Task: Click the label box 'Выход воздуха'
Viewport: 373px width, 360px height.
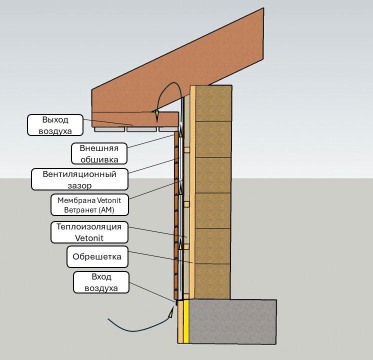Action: pyautogui.click(x=55, y=125)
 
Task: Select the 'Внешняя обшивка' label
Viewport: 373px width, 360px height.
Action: pyautogui.click(x=99, y=153)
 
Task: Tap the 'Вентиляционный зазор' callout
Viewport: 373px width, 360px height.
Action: pyautogui.click(x=79, y=179)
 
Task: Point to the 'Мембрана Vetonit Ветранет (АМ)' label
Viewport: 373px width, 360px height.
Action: pyautogui.click(x=89, y=205)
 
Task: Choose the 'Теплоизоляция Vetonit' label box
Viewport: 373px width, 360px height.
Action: pyautogui.click(x=89, y=232)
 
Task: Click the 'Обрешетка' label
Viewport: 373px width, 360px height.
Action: pyautogui.click(x=97, y=256)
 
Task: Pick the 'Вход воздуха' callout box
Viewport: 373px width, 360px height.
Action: pyautogui.click(x=101, y=282)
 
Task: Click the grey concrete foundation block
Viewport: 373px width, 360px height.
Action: pyautogui.click(x=232, y=321)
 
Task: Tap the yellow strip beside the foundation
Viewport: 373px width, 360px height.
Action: pyautogui.click(x=186, y=321)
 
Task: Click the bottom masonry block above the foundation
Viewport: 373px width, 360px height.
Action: pyautogui.click(x=212, y=281)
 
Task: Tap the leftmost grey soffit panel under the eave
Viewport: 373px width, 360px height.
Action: pyautogui.click(x=109, y=129)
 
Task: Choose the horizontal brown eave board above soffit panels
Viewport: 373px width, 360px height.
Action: pyautogui.click(x=135, y=119)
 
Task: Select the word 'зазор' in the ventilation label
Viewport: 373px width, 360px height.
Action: pyautogui.click(x=79, y=185)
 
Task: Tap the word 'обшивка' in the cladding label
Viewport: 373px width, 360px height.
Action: pyautogui.click(x=99, y=159)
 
